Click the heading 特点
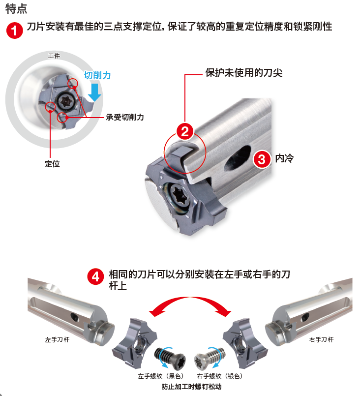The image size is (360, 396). coord(16,8)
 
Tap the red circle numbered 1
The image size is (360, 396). coord(15,30)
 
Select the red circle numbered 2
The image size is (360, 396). coord(185,131)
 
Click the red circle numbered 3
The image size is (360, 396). coord(262,159)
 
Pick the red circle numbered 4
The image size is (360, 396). coord(95,276)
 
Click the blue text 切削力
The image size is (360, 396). coord(97,75)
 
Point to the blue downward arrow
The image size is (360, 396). coord(94,92)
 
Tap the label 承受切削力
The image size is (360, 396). coord(125,117)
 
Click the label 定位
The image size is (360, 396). coord(52,164)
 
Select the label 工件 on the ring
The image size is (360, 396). coord(54,56)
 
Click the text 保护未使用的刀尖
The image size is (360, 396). coord(243,73)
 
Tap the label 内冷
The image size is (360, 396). coord(284,158)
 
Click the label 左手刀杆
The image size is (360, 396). coord(58,340)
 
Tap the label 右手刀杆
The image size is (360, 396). coord(321,340)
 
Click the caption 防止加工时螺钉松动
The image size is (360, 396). coord(191,387)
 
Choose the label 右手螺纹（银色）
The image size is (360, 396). coord(220,376)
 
